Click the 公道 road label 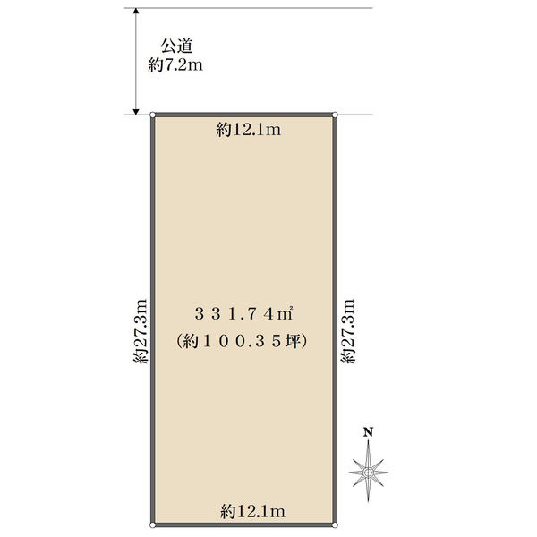(173, 46)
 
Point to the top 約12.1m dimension (250, 131)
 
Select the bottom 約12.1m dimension (252, 511)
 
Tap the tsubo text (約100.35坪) (243, 341)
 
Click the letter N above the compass (368, 433)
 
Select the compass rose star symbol (368, 469)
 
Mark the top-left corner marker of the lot (153, 115)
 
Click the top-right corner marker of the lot (334, 115)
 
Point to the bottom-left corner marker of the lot (153, 524)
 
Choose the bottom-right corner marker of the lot (334, 524)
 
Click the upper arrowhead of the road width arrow (135, 13)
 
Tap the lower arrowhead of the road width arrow (135, 110)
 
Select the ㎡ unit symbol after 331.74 (287, 313)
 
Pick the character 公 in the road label (166, 46)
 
